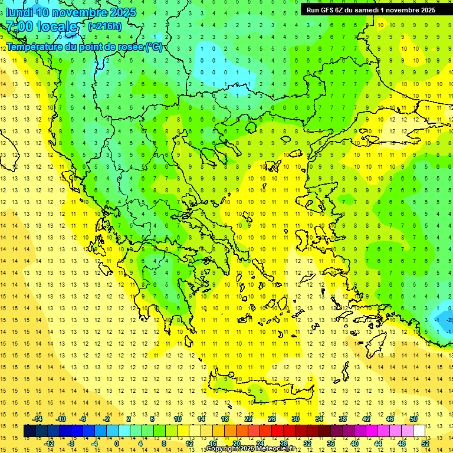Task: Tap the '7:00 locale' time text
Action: (x=41, y=27)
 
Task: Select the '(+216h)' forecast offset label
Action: (x=104, y=26)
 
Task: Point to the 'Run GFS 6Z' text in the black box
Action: (x=324, y=10)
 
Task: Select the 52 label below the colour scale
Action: (x=425, y=443)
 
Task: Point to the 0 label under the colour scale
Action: (x=116, y=443)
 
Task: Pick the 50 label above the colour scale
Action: (x=413, y=419)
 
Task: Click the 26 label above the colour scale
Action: (x=272, y=419)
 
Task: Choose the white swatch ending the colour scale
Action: (x=419, y=431)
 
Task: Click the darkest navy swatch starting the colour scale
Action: (x=29, y=431)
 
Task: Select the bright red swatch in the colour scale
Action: (x=277, y=431)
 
